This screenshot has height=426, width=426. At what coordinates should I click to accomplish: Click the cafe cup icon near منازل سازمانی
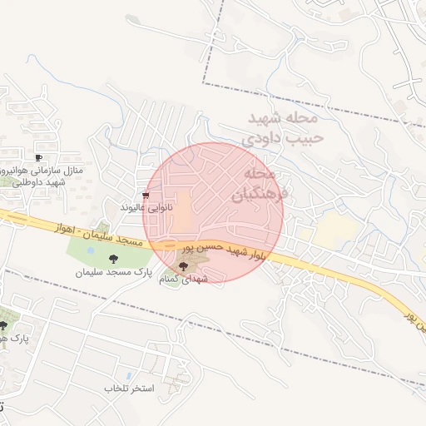pyautogui.click(x=38, y=157)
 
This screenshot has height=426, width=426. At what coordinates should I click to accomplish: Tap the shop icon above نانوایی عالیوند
pyautogui.click(x=146, y=196)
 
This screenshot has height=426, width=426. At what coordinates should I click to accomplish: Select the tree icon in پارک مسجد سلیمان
pyautogui.click(x=125, y=259)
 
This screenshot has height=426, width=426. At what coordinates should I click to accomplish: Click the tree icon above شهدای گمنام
pyautogui.click(x=183, y=266)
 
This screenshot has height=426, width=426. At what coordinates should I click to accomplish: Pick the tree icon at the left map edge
pyautogui.click(x=3, y=325)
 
